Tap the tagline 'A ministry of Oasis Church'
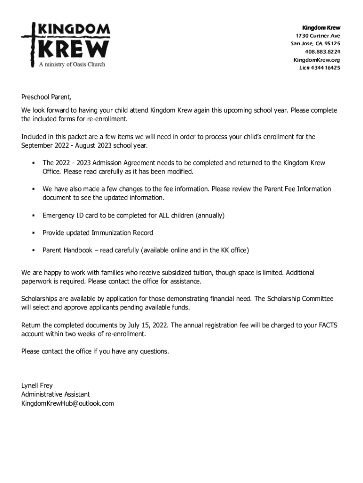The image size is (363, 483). click(x=72, y=64)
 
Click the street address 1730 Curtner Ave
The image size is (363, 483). click(x=318, y=36)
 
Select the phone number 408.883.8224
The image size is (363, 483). click(x=322, y=52)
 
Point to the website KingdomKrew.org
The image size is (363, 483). click(x=316, y=60)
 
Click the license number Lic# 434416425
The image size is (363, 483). click(x=320, y=68)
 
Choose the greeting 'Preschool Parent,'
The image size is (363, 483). click(x=46, y=98)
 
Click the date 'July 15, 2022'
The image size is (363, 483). click(x=148, y=325)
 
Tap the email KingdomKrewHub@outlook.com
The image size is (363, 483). click(x=67, y=403)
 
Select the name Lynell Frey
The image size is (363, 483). click(x=37, y=385)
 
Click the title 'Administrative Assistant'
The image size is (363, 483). click(x=56, y=394)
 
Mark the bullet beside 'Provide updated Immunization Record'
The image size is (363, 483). click(x=34, y=233)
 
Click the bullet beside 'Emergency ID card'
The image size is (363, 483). click(x=34, y=216)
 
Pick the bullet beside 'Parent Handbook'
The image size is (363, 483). click(x=34, y=250)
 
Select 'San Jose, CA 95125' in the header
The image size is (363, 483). click(x=315, y=44)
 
